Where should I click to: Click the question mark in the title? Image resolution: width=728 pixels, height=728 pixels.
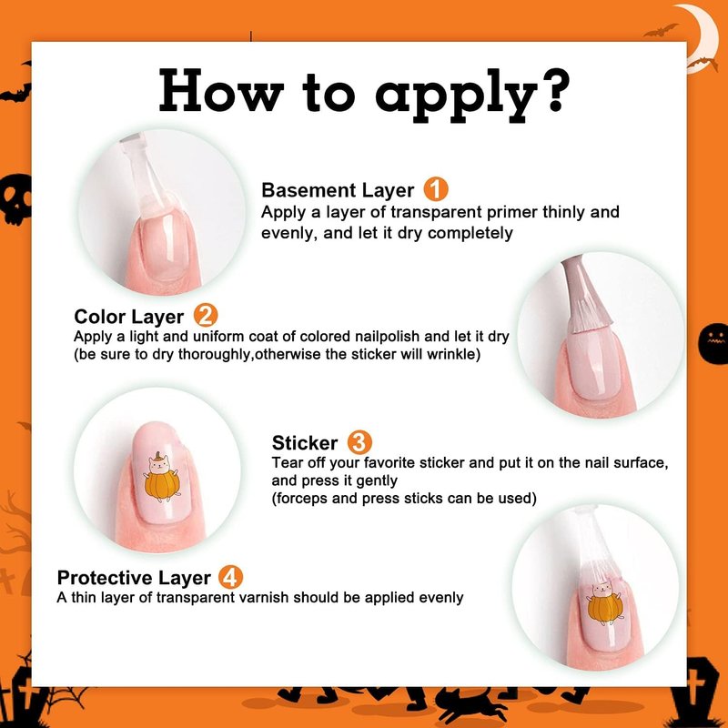click(x=556, y=90)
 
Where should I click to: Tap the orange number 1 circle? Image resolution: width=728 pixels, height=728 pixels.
click(x=436, y=189)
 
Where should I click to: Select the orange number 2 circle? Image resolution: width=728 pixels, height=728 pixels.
click(x=206, y=315)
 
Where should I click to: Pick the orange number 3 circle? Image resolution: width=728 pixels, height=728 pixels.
click(x=359, y=442)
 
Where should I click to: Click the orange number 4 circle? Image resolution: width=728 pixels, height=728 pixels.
click(x=230, y=577)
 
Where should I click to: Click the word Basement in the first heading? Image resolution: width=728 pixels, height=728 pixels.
click(x=308, y=190)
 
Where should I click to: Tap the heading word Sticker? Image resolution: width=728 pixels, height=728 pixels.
click(x=305, y=443)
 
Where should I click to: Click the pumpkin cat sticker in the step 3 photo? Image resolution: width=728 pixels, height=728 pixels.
click(x=161, y=478)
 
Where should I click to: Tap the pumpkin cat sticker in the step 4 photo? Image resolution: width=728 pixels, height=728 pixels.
click(x=605, y=602)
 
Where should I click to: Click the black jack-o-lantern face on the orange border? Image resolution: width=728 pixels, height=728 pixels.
click(x=714, y=343)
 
